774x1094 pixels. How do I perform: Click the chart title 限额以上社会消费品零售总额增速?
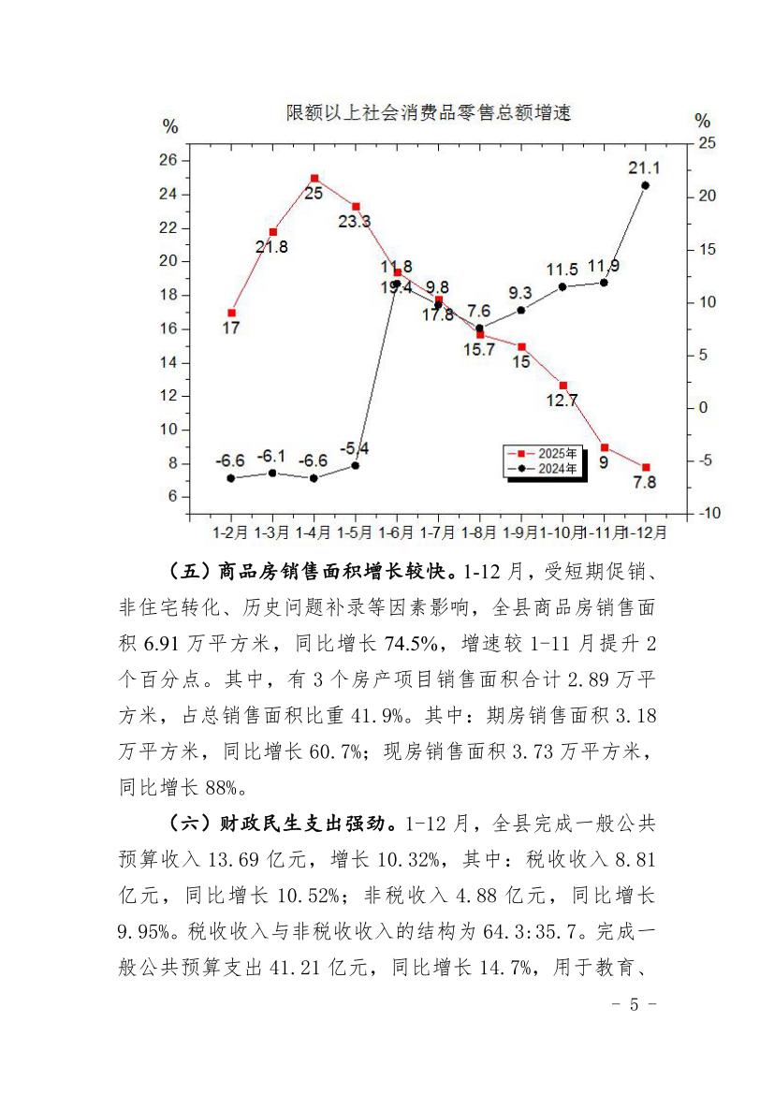point(428,113)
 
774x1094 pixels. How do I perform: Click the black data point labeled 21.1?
point(646,185)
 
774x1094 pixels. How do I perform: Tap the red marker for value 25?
point(314,178)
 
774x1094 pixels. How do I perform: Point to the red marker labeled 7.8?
point(646,467)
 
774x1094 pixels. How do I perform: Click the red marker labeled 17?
point(231,313)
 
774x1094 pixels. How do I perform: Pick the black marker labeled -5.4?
point(356,465)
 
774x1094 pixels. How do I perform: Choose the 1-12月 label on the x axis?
point(648,532)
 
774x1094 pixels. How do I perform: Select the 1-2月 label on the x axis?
point(230,532)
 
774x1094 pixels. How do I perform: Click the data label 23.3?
point(353,222)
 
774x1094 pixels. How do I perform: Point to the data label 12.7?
point(562,401)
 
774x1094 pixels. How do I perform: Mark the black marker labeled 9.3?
point(521,310)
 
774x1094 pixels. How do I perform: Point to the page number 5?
point(634,1005)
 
